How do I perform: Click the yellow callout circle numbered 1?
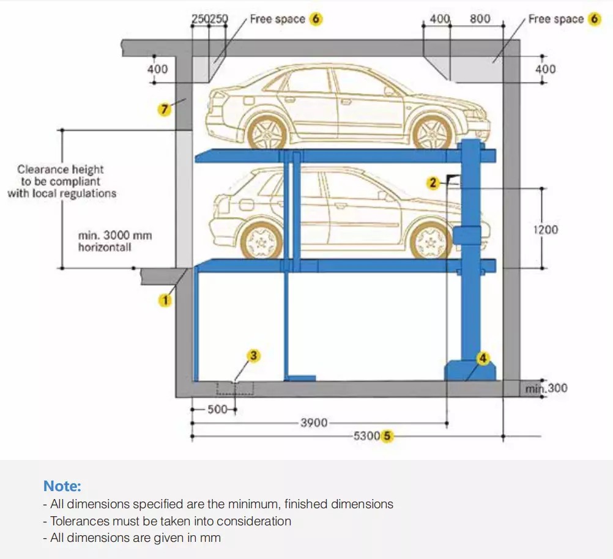[x=165, y=300]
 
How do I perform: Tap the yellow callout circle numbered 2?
[x=433, y=182]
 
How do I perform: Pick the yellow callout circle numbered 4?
[x=483, y=358]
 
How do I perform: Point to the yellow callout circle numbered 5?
[x=387, y=437]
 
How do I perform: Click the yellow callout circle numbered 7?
[x=163, y=109]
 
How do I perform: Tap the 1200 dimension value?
[x=545, y=229]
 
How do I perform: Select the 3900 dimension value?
[x=313, y=423]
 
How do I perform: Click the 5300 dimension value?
[x=367, y=437]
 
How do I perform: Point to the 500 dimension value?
[x=217, y=409]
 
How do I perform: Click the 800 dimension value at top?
[x=480, y=19]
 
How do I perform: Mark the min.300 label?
[x=546, y=388]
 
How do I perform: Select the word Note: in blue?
[x=62, y=486]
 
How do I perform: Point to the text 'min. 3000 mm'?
[x=115, y=235]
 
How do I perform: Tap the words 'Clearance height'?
[x=61, y=169]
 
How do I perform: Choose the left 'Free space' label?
[x=277, y=19]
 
